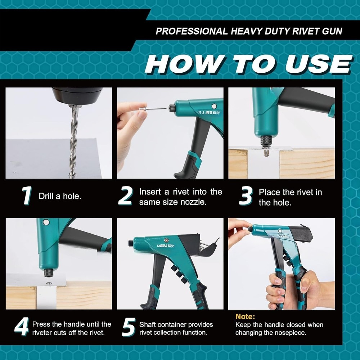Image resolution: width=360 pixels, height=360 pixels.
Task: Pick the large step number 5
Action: coord(128,327)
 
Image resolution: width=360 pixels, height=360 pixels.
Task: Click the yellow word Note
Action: coord(245,317)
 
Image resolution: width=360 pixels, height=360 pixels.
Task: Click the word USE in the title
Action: coord(317,64)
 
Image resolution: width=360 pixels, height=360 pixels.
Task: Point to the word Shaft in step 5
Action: coord(148,325)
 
